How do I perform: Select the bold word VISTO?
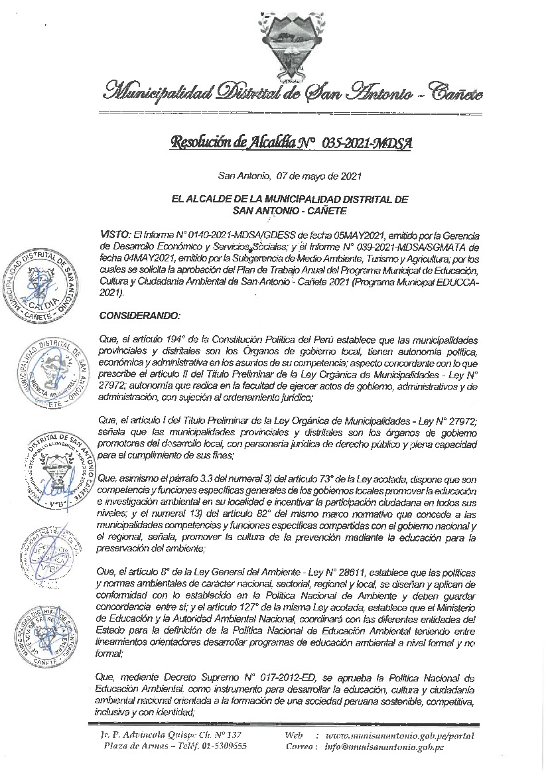(x=115, y=235)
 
